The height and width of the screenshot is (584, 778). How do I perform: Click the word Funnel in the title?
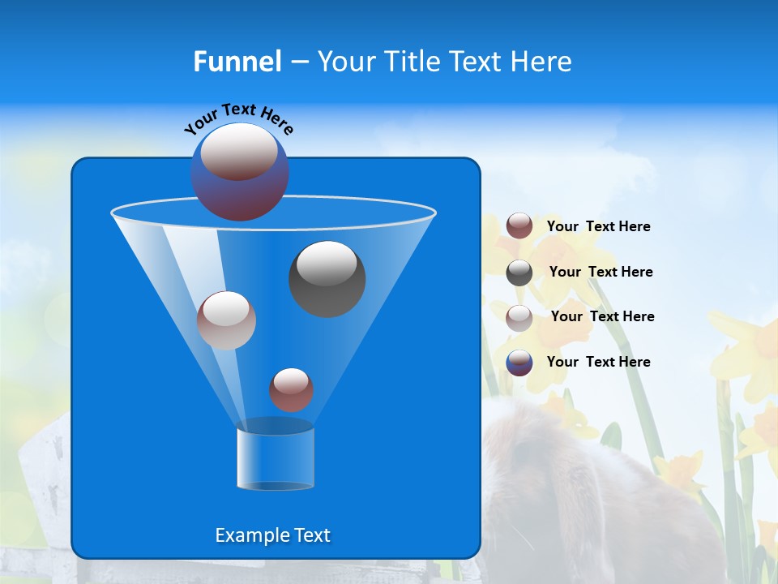(x=237, y=62)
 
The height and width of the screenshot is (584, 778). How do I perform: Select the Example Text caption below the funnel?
(x=272, y=535)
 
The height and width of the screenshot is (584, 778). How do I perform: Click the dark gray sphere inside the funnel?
(x=327, y=278)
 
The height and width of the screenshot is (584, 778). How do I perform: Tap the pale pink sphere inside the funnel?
(x=226, y=320)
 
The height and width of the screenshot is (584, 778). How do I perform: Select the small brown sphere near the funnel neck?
(x=291, y=389)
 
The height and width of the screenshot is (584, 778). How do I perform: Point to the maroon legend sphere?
(x=519, y=226)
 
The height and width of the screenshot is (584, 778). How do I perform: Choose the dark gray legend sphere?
(x=519, y=273)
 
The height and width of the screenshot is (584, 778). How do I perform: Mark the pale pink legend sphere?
(x=519, y=317)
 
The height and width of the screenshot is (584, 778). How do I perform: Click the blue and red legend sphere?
(x=519, y=363)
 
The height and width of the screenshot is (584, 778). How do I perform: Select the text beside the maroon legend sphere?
(x=598, y=226)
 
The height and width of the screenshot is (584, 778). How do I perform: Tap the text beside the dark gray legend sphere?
(x=601, y=272)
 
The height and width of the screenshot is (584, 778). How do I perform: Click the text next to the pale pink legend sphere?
(x=602, y=316)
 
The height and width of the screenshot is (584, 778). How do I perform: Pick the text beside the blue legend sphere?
(x=598, y=362)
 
